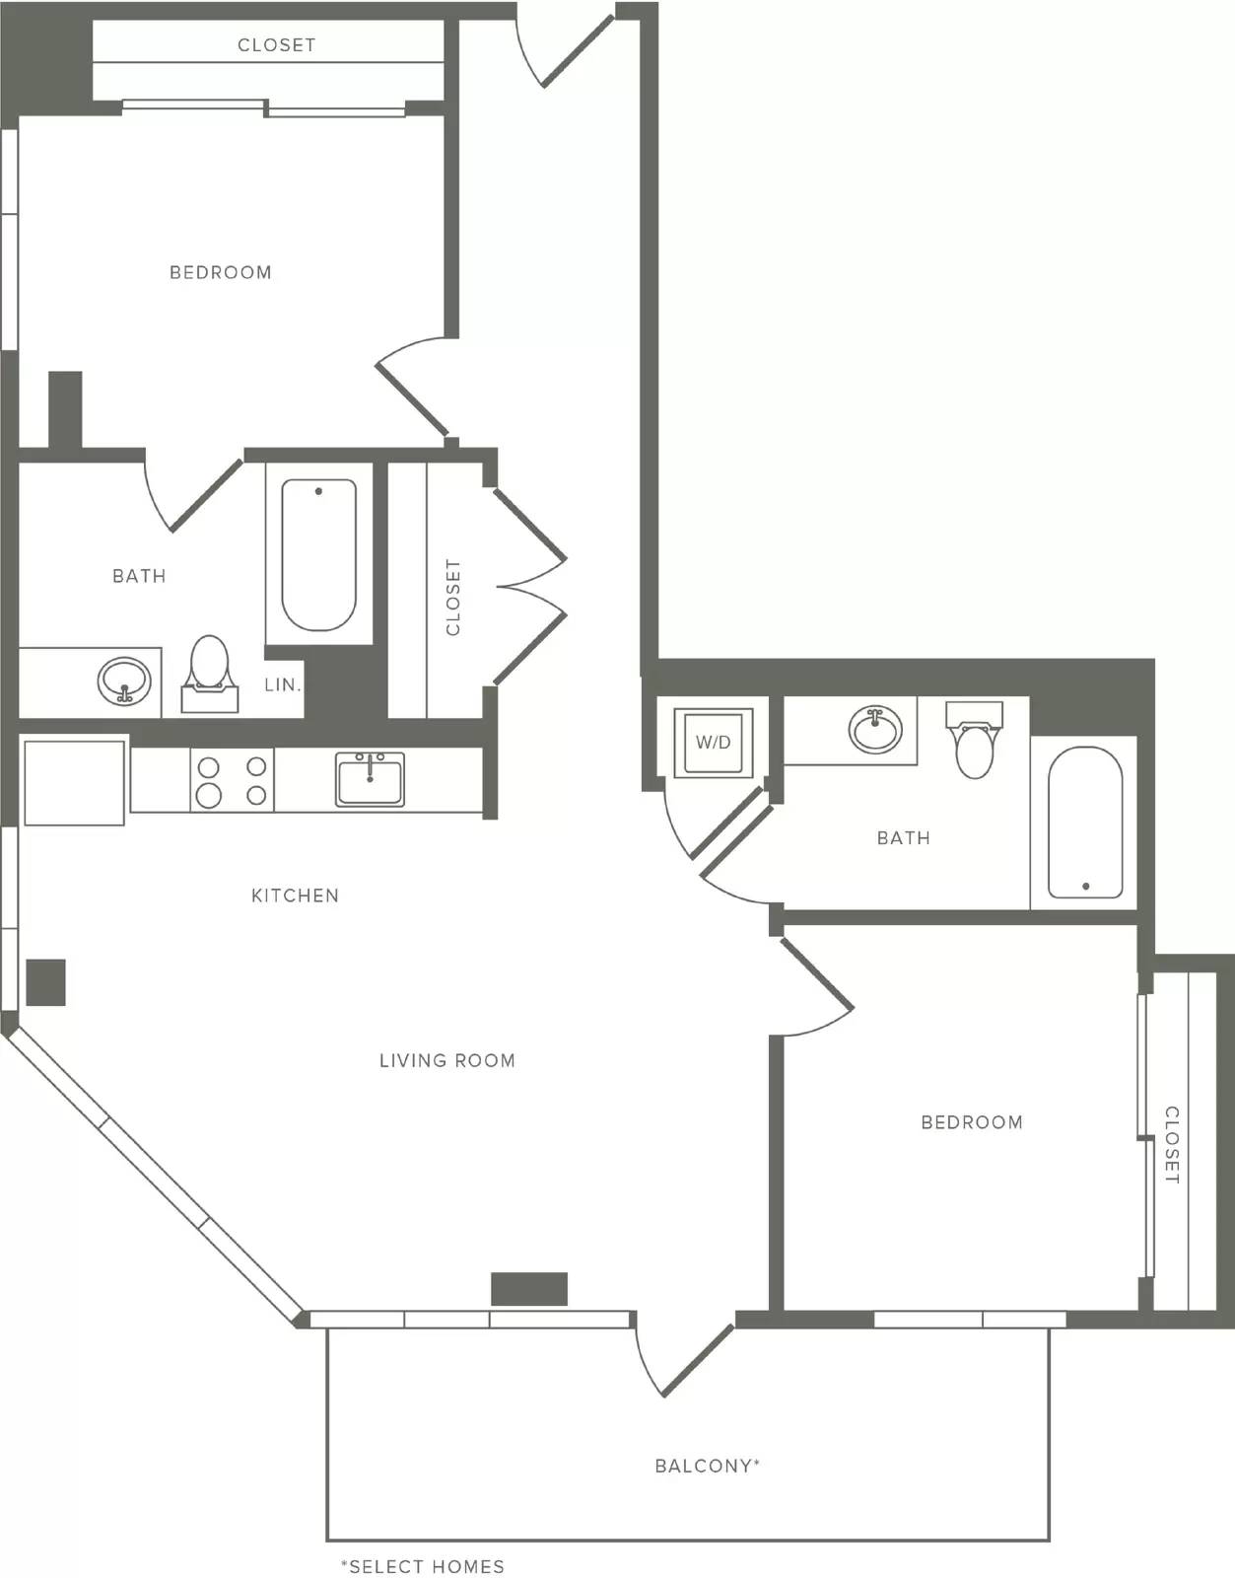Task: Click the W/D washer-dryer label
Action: click(713, 743)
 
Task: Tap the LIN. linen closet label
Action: click(282, 684)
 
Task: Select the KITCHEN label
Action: click(296, 896)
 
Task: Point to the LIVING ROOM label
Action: click(446, 1061)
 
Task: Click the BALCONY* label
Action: click(708, 1467)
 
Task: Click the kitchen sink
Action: click(370, 779)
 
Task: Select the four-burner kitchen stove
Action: click(233, 780)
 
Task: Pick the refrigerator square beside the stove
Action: click(74, 782)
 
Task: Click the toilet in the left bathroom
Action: click(209, 675)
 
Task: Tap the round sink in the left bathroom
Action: click(124, 681)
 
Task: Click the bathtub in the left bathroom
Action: click(318, 554)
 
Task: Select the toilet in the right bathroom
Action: click(974, 740)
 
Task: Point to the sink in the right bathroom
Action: click(875, 730)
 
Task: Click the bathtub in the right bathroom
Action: click(1085, 823)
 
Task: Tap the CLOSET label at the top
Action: click(276, 45)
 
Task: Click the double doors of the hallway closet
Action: click(530, 586)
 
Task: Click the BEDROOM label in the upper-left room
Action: click(221, 272)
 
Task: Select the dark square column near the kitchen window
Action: click(45, 982)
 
